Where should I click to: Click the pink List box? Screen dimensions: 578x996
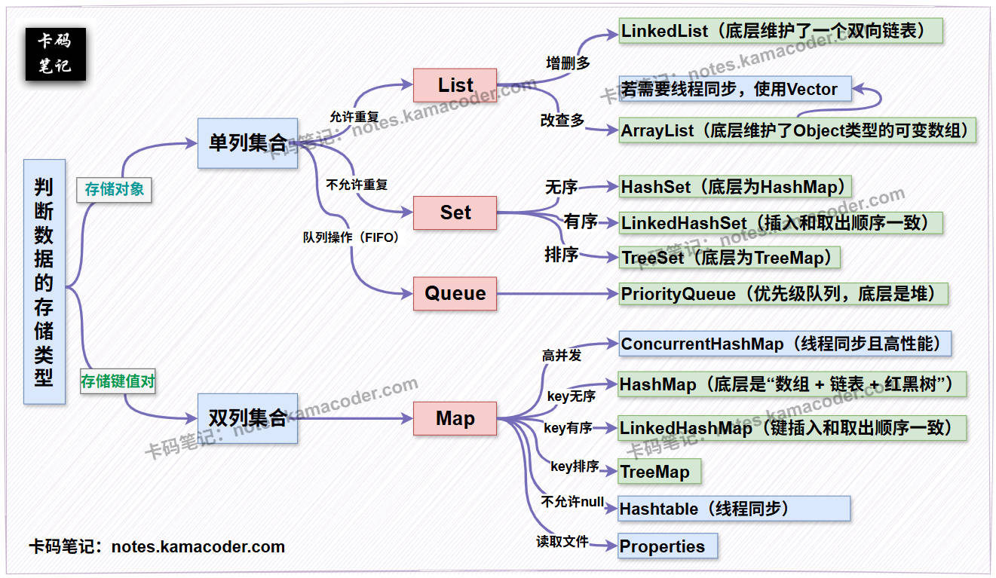tap(455, 85)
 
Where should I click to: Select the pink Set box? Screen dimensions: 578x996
tap(455, 213)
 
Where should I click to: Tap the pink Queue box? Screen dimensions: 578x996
tap(455, 293)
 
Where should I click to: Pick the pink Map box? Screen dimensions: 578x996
tap(455, 418)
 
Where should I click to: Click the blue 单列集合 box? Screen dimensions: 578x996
tap(247, 143)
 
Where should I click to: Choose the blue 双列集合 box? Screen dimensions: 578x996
tap(247, 418)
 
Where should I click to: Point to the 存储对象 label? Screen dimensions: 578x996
tap(114, 189)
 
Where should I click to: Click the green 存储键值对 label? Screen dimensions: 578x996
tap(118, 381)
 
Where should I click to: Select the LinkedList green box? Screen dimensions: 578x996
tap(781, 31)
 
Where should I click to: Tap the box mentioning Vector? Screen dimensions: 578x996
tap(734, 89)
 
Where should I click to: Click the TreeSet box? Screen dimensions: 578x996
tap(729, 258)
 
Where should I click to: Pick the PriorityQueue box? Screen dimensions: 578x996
tap(783, 293)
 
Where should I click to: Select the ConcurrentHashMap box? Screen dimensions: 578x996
tap(784, 344)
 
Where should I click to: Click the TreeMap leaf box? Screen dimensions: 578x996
tap(659, 472)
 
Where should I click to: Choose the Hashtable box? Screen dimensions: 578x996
tap(734, 509)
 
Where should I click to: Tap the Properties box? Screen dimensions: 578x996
tap(667, 546)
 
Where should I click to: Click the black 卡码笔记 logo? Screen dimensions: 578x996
tap(55, 54)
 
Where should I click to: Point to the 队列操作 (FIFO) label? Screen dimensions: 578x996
tap(351, 237)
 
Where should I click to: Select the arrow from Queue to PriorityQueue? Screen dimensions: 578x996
tap(558, 293)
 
